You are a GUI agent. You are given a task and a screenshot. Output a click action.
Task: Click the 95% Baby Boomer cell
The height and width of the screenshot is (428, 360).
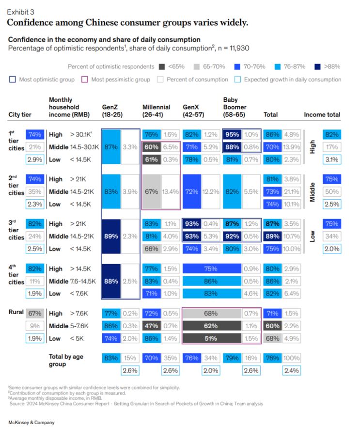(x=232, y=135)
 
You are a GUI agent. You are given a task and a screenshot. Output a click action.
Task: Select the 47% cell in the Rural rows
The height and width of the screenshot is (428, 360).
(x=152, y=326)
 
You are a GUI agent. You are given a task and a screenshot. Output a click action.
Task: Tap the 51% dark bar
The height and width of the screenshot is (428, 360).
(x=211, y=338)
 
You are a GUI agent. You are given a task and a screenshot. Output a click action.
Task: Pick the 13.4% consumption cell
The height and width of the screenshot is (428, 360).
(x=171, y=191)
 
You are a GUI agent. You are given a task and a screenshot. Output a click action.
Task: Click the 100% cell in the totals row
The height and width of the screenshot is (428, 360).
(x=292, y=358)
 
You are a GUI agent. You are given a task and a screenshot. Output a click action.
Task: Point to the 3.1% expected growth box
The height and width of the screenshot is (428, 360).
(x=332, y=159)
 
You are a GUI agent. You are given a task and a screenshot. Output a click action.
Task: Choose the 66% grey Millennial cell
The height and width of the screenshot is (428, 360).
(x=152, y=249)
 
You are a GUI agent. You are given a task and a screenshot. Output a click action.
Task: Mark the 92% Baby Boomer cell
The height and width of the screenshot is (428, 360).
(x=232, y=237)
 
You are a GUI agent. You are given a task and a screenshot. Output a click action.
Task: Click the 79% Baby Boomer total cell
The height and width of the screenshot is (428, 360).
(x=232, y=358)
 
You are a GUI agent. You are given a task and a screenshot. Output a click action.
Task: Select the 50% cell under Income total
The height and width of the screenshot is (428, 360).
(x=332, y=191)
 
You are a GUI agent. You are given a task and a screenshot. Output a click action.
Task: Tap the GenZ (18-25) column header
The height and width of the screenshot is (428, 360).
(x=112, y=111)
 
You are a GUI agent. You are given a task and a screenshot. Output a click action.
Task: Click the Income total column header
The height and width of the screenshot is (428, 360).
(x=322, y=115)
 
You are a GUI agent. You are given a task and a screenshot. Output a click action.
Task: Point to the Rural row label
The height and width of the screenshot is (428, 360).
(x=16, y=312)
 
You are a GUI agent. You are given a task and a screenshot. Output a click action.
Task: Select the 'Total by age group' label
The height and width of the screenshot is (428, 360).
(x=66, y=360)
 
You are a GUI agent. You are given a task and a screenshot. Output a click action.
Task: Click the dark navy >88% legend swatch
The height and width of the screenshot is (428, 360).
(x=317, y=66)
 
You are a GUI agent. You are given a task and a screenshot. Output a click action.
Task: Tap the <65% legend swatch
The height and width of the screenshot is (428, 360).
(x=162, y=66)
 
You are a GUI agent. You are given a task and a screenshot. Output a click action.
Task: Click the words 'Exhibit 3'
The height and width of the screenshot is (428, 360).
(x=20, y=12)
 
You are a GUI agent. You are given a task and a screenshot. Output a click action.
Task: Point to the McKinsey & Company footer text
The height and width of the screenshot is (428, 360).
(x=31, y=423)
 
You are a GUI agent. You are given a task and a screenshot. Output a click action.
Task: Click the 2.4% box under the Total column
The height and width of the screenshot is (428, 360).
(x=292, y=371)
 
